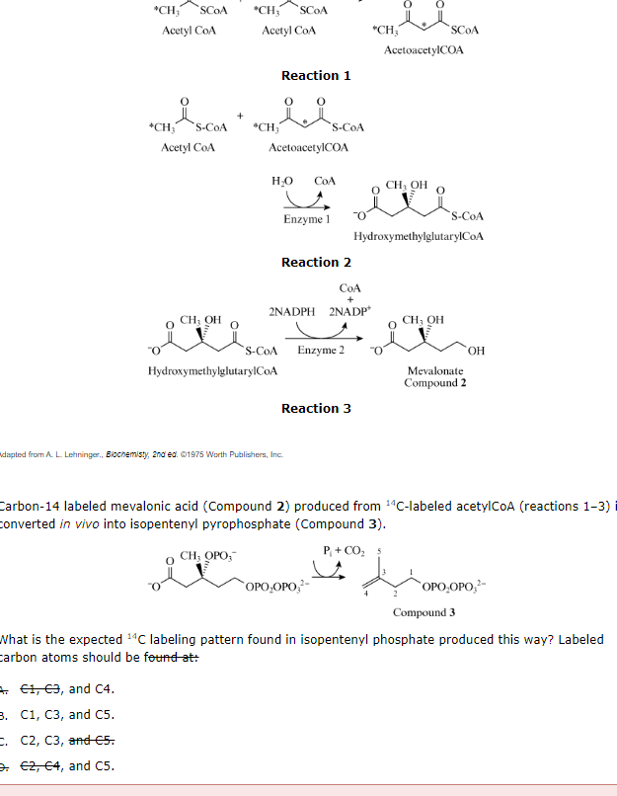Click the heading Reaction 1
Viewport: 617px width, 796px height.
tap(316, 76)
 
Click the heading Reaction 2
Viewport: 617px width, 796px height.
tap(316, 263)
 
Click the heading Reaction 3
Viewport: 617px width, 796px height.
tap(316, 409)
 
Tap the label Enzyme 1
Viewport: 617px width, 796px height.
tap(306, 217)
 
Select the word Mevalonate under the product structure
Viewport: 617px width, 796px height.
tap(434, 370)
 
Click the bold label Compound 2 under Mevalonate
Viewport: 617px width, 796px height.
tap(434, 382)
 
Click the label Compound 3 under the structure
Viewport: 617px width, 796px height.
tap(424, 612)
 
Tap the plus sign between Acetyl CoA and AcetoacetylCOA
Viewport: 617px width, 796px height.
tap(239, 116)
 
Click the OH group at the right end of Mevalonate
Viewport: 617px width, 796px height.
tap(477, 352)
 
